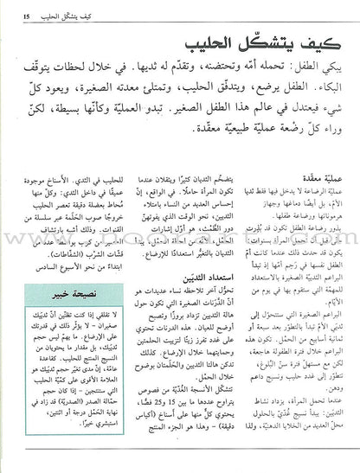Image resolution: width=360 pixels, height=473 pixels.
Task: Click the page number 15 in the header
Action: click(28, 11)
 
